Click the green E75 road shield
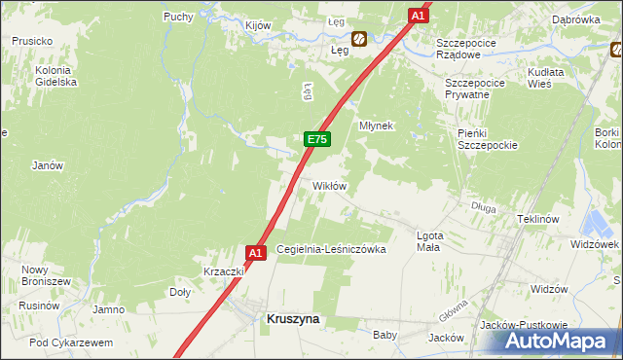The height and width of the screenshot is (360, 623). pos(316,140)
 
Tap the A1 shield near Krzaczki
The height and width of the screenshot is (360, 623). pos(255,253)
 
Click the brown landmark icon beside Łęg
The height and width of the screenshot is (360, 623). pos(359,40)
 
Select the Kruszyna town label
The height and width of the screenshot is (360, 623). pos(294,318)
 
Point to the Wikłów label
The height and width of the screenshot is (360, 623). pos(329,185)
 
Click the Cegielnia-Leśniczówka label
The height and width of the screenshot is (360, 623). pos(332,249)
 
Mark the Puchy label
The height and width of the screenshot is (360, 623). pos(178,17)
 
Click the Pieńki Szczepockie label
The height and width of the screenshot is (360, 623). pos(487,138)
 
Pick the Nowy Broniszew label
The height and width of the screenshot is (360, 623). pos(36,275)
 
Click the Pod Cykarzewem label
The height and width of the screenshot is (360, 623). pos(71,342)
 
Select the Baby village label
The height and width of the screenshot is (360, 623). pos(385,335)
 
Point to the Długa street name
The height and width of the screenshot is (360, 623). pos(484,207)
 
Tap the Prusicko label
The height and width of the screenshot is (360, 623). pos(31,41)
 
